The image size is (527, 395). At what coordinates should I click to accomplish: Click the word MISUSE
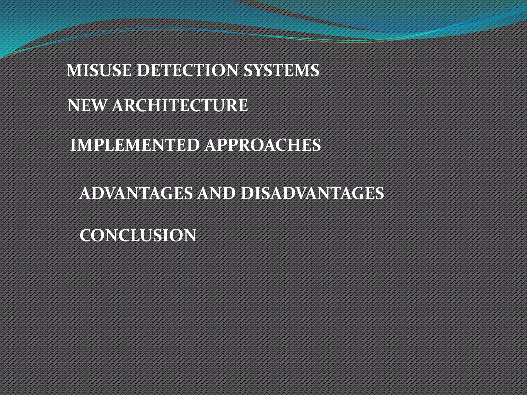coord(99,70)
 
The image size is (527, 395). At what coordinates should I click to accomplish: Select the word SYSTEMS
coord(281,70)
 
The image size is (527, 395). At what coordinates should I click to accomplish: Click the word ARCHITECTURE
coord(180,105)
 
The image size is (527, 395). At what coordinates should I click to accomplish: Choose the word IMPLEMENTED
coord(135,145)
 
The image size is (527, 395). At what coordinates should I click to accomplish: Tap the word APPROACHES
coord(263,145)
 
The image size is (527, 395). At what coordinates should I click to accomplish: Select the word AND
coord(216,193)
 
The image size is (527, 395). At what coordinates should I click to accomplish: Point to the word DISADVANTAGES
coord(312,193)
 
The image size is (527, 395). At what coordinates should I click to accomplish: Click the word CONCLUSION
coord(138,235)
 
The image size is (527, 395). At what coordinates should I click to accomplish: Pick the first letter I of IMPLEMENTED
coord(73,145)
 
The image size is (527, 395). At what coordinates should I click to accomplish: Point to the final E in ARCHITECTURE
coord(242,105)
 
